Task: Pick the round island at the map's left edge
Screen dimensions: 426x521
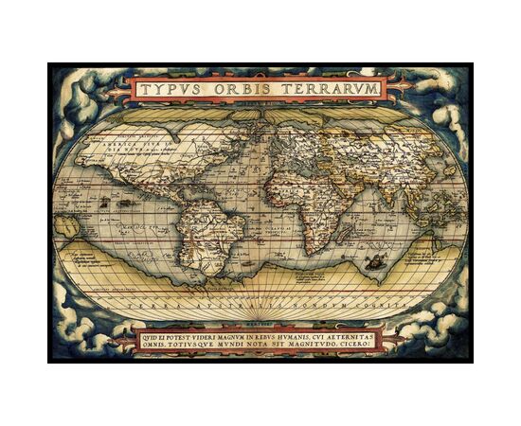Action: pyautogui.click(x=67, y=225)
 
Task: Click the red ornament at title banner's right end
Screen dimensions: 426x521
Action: pyautogui.click(x=404, y=87)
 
